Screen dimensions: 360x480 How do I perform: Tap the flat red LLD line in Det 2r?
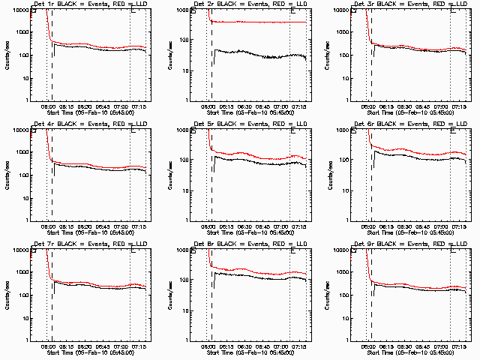[262, 22]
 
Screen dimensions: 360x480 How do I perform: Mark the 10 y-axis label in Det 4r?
[24, 190]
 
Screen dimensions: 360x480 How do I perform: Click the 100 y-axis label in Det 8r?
[184, 295]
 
